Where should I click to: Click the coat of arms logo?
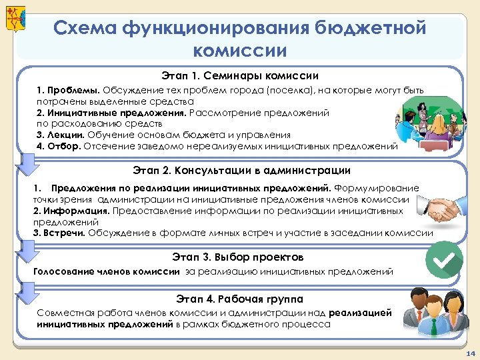point(14,18)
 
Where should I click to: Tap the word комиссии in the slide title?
point(239,51)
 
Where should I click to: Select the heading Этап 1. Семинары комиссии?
point(239,76)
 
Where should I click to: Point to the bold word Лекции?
point(63,135)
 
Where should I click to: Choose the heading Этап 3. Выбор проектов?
point(237,257)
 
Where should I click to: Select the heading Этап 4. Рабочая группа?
point(239,299)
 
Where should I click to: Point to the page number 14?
point(470,352)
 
